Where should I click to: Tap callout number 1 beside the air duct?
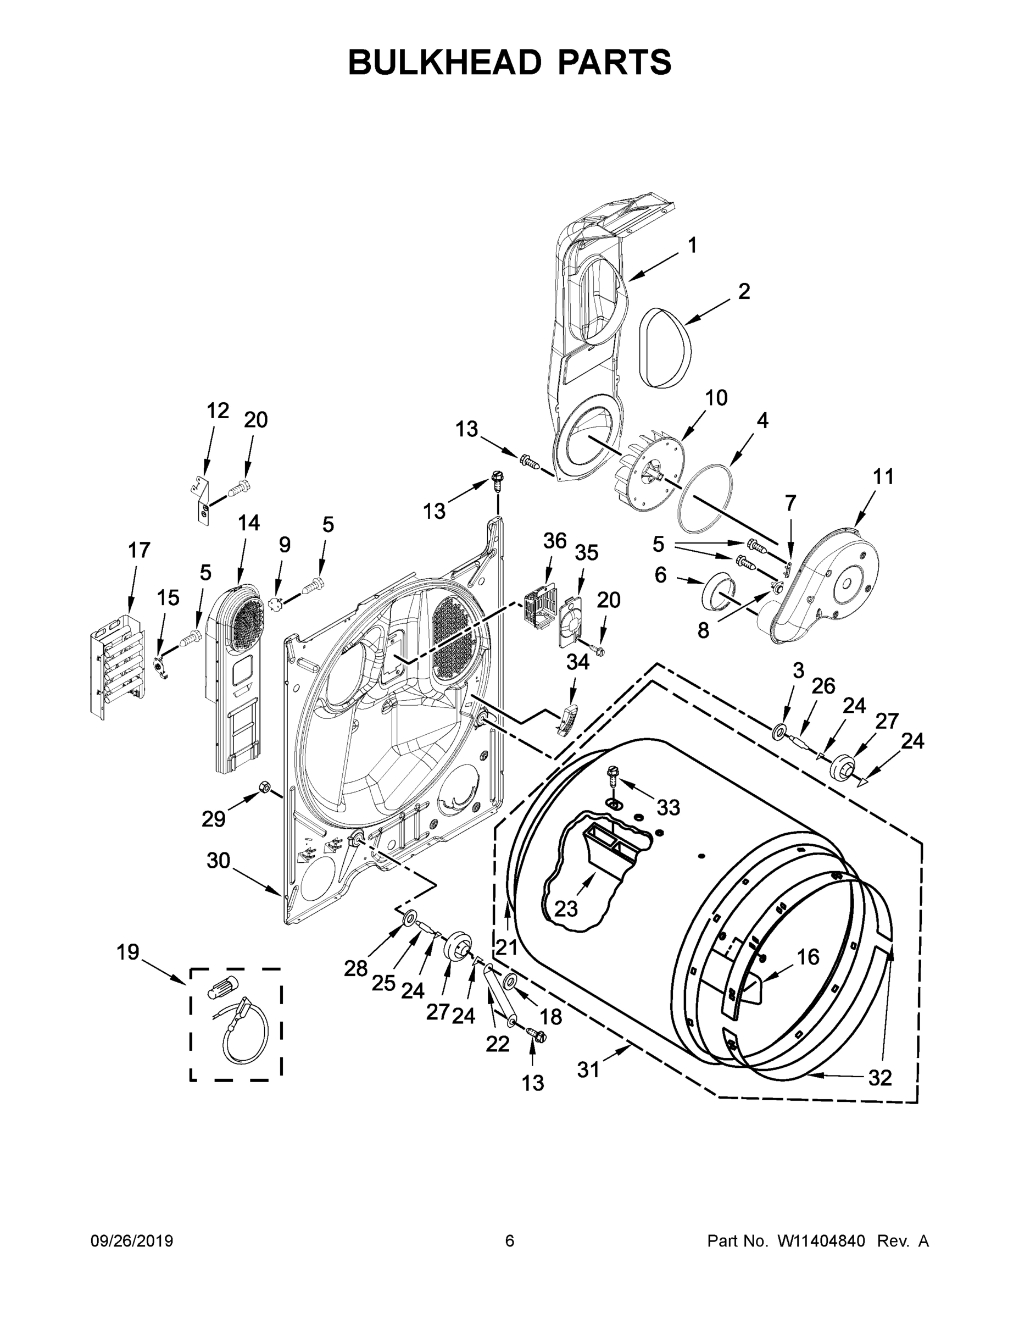(x=692, y=245)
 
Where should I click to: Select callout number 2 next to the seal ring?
(x=744, y=291)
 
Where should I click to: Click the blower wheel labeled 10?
(x=652, y=472)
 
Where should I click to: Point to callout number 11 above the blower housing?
(x=883, y=476)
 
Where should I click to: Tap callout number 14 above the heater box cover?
(x=248, y=523)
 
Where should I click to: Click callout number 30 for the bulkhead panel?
(x=218, y=860)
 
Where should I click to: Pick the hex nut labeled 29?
(x=264, y=786)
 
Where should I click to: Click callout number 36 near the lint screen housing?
(x=554, y=541)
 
